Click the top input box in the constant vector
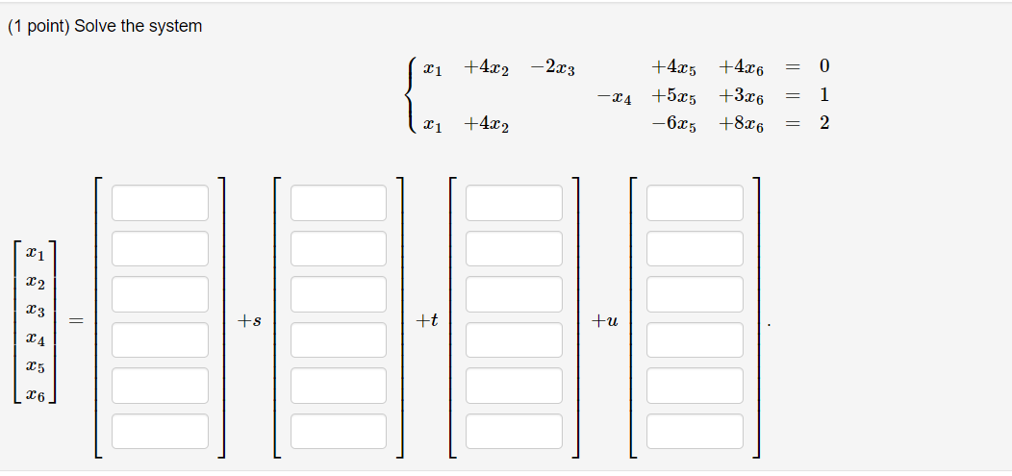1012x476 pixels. click(x=160, y=203)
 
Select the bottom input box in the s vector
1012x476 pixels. click(x=339, y=431)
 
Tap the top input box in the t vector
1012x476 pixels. click(x=514, y=203)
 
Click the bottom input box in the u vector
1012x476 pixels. click(x=695, y=431)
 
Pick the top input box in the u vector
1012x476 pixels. click(x=695, y=203)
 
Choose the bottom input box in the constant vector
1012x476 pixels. click(x=160, y=431)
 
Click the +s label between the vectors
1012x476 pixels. click(x=250, y=321)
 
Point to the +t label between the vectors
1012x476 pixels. click(x=427, y=321)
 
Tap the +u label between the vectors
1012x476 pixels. click(x=606, y=321)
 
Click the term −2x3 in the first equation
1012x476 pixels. click(x=553, y=68)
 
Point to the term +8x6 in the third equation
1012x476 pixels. click(x=741, y=125)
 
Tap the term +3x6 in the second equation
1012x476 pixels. click(x=741, y=97)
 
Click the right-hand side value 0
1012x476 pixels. click(x=823, y=67)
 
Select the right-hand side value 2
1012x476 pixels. click(x=823, y=124)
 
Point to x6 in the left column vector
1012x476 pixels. click(x=35, y=395)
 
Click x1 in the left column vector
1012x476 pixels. click(x=35, y=255)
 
